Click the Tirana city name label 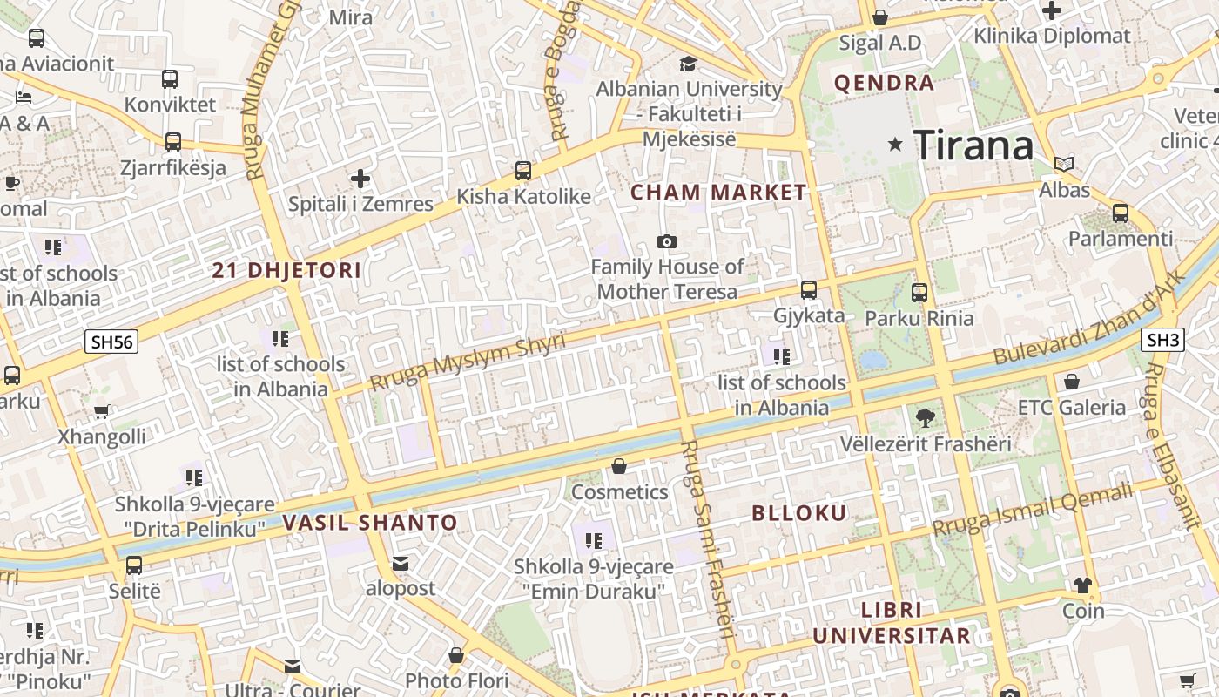[973, 144]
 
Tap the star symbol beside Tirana [894, 145]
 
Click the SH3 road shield [1163, 340]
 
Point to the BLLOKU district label [799, 513]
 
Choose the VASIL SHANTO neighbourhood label [370, 523]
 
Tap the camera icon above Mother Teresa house [667, 241]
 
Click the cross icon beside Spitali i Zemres [360, 179]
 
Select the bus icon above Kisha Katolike [523, 171]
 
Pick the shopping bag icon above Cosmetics [619, 466]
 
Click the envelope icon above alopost [401, 564]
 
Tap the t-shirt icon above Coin [1083, 585]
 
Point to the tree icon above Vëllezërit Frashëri [926, 418]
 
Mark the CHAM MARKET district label [718, 193]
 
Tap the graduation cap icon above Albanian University [688, 64]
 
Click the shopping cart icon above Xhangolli [102, 411]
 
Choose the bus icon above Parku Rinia [919, 293]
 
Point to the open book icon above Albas [1064, 164]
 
